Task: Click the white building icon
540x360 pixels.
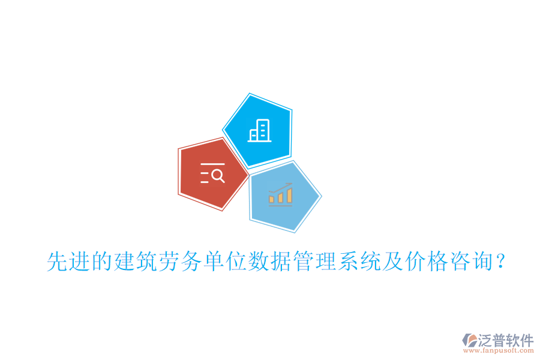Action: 259,130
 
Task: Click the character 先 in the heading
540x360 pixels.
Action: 58,262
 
